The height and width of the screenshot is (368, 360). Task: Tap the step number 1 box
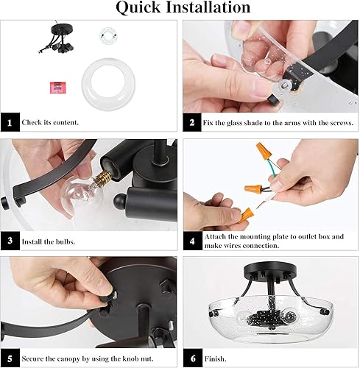point(10,121)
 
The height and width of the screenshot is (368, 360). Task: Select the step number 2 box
point(191,121)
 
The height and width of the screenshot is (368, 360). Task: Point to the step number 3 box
point(10,239)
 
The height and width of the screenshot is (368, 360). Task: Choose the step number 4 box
point(191,239)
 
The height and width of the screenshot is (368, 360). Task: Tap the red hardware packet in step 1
point(54,85)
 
